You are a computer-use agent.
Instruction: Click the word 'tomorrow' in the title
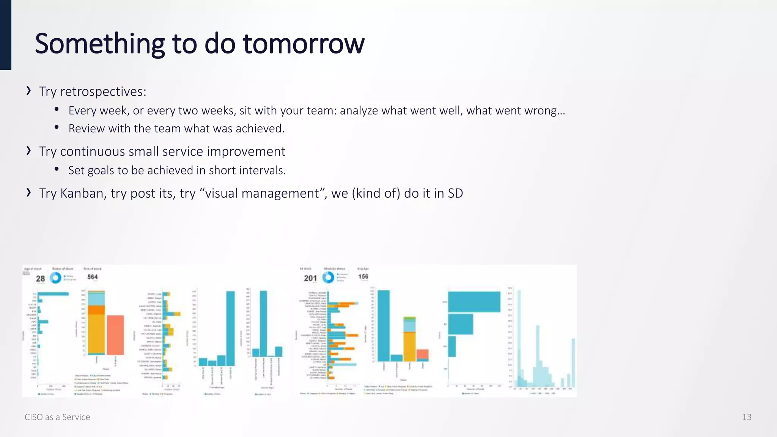pyautogui.click(x=304, y=44)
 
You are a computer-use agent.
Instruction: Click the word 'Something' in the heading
pyautogui.click(x=99, y=44)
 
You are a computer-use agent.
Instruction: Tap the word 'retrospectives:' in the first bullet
pyautogui.click(x=103, y=91)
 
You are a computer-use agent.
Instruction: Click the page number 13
pyautogui.click(x=746, y=417)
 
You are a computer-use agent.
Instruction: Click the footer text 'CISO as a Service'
pyautogui.click(x=57, y=417)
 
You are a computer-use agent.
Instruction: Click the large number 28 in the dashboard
pyautogui.click(x=41, y=278)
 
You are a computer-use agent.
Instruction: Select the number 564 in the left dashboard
pyautogui.click(x=93, y=277)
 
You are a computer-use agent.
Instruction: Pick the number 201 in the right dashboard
pyautogui.click(x=310, y=278)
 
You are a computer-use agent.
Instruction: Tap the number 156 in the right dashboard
pyautogui.click(x=363, y=277)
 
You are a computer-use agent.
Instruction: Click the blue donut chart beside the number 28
pyautogui.click(x=56, y=278)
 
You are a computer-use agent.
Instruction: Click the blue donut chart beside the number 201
pyautogui.click(x=328, y=277)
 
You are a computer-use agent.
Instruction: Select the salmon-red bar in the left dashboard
pyautogui.click(x=115, y=335)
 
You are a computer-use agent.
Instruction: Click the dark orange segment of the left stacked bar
pyautogui.click(x=96, y=310)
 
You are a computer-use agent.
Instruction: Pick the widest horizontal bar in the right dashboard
pyautogui.click(x=474, y=302)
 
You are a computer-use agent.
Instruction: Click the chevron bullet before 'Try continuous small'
pyautogui.click(x=28, y=151)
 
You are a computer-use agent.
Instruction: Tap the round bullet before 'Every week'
pyautogui.click(x=57, y=110)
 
